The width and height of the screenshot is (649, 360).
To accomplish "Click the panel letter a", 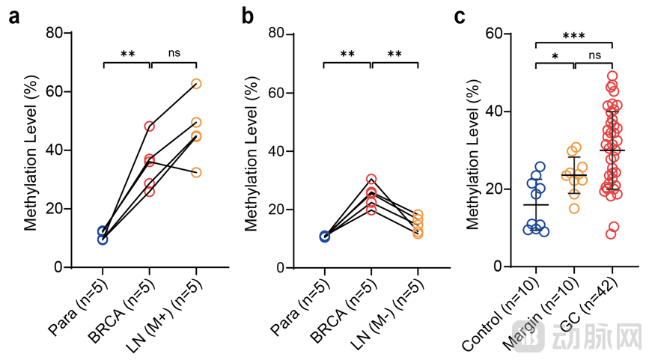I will tap(13, 17).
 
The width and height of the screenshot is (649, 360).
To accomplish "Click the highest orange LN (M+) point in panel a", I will tap(196, 84).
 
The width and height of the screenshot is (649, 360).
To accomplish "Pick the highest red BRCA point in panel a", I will tap(150, 126).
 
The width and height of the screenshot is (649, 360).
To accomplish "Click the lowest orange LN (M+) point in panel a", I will tap(196, 172).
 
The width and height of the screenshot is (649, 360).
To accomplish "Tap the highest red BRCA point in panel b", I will tap(371, 180).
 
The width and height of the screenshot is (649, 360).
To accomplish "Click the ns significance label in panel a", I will tap(174, 53).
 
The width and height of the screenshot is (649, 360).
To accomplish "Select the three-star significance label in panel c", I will tap(574, 35).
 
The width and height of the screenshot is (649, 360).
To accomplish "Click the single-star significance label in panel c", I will tap(554, 57).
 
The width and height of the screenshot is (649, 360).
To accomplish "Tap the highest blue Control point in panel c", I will tap(540, 167).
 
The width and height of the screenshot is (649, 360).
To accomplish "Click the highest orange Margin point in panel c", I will tap(575, 148).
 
